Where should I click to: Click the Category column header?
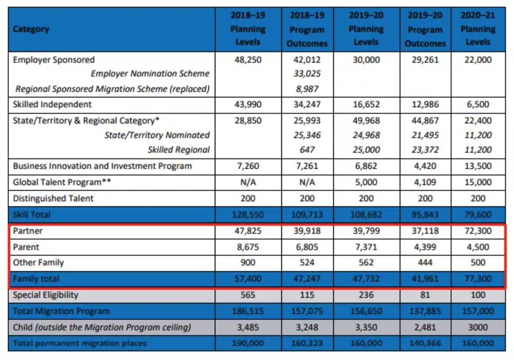point(31,29)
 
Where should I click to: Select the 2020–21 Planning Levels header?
point(478,29)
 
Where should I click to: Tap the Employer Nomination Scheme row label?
point(150,74)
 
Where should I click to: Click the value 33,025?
point(307,74)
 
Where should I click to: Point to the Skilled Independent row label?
point(52,104)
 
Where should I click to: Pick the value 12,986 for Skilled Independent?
point(425,104)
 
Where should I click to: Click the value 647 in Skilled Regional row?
point(307,150)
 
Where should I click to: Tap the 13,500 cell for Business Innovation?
point(478,166)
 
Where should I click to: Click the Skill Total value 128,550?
point(248,215)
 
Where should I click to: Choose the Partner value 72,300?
point(478,231)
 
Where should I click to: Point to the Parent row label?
point(26,247)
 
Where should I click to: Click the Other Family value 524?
point(307,263)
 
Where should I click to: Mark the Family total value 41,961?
point(425,279)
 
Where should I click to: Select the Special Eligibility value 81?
point(425,295)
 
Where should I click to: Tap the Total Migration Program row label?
point(61,311)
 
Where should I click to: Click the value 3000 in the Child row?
point(478,327)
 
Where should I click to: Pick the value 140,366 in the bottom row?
point(425,343)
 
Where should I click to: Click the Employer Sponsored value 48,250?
point(248,60)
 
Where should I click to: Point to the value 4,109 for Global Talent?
point(425,182)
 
